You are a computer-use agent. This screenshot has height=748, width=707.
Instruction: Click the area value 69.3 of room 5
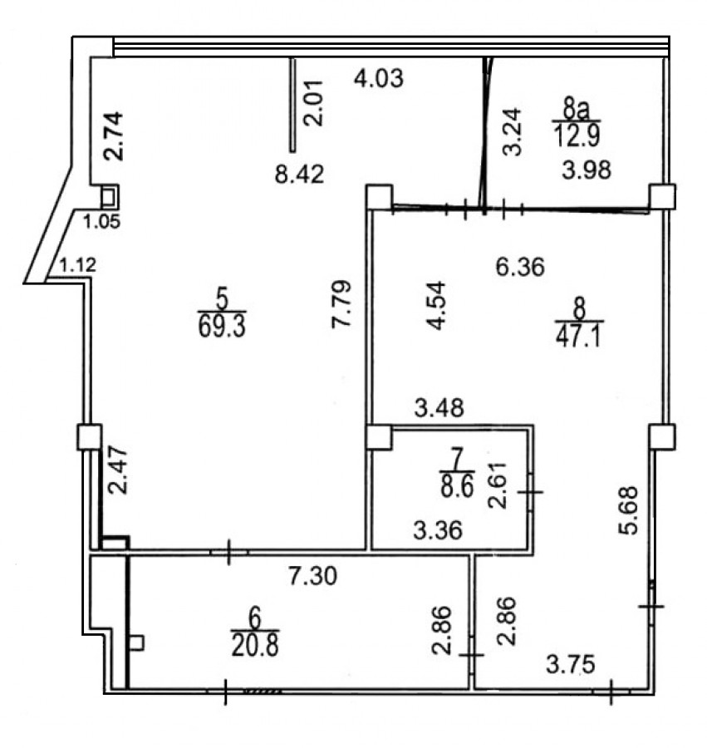point(222,327)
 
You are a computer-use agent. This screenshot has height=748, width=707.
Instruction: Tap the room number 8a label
point(576,109)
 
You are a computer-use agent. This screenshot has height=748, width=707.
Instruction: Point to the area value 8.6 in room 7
point(457,488)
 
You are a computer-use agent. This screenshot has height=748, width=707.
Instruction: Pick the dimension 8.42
point(299,175)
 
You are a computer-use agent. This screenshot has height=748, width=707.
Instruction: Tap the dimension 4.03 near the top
point(379,78)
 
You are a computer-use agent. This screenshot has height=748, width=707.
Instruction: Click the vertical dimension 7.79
point(341,304)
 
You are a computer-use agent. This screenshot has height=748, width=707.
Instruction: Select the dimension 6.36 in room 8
point(519,267)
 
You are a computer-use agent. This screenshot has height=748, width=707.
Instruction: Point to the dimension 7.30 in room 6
point(312,576)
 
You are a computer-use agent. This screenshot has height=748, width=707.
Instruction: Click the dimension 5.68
point(628,510)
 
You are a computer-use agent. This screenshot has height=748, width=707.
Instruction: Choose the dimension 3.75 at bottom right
point(570,664)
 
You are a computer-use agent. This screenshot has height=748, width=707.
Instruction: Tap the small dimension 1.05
point(101,222)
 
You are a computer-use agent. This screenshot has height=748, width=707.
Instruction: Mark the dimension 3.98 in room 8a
point(587,170)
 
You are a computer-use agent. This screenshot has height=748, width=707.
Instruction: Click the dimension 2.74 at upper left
point(115,136)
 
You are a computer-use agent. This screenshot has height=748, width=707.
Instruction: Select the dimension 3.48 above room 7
point(439,408)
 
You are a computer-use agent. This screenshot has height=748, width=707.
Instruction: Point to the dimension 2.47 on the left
point(117,470)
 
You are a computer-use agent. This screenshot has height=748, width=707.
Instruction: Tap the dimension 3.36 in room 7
point(438,530)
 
